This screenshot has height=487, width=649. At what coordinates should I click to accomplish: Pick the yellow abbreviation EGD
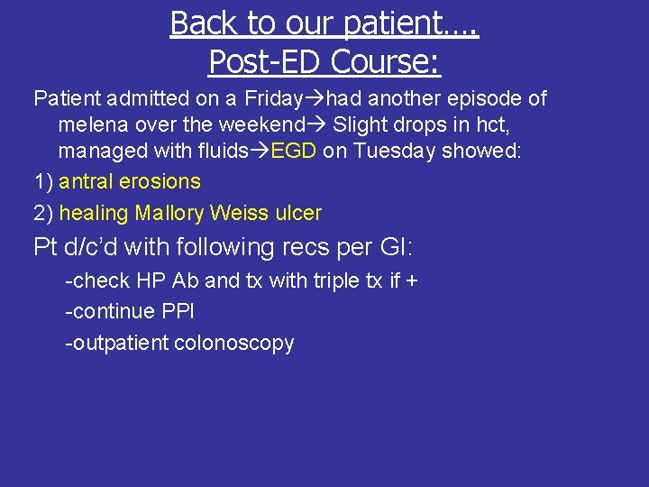(293, 150)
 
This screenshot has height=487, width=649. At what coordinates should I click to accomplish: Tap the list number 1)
(43, 181)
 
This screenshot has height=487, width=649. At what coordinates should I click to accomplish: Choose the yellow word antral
(87, 181)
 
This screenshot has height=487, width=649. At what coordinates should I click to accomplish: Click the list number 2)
(43, 214)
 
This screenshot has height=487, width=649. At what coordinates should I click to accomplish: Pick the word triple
(335, 280)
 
